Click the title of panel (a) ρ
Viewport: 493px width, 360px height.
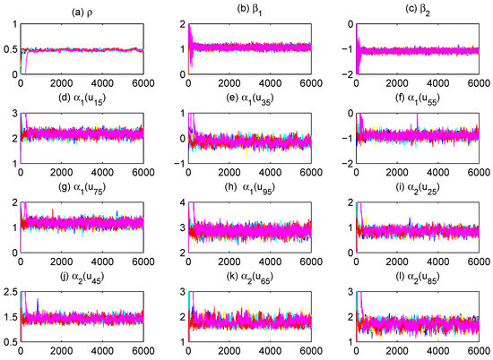75,10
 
